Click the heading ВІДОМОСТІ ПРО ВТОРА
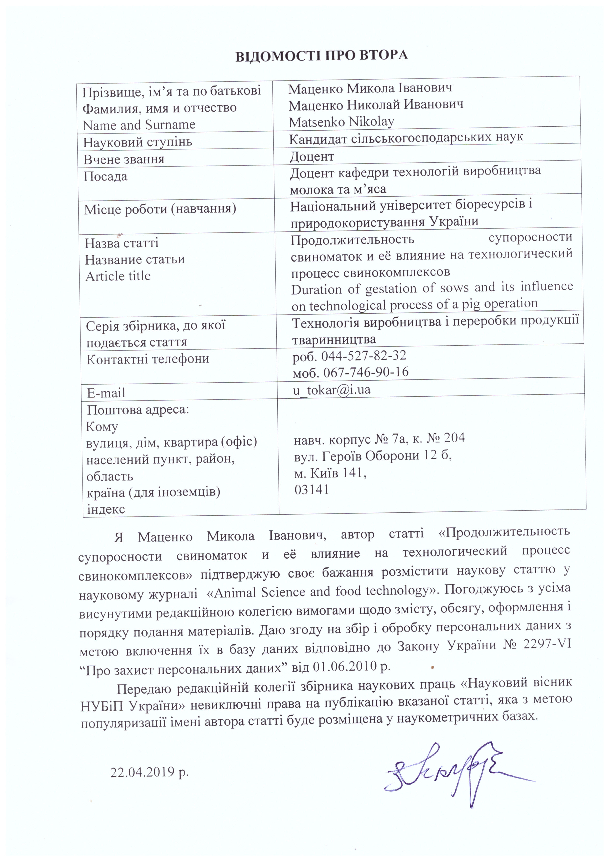click(321, 55)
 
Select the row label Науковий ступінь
click(138, 142)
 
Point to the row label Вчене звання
click(124, 159)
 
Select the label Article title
click(118, 276)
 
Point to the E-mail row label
click(106, 393)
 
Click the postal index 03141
click(312, 489)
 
